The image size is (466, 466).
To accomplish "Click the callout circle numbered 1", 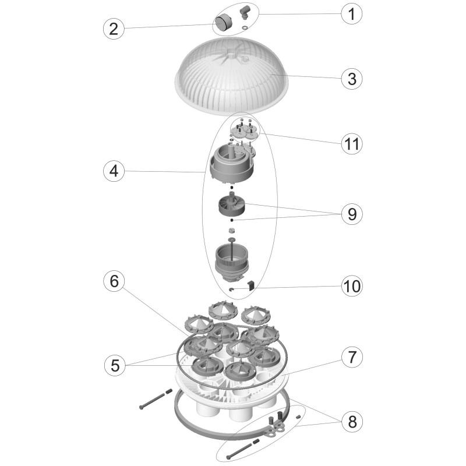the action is tap(352, 13).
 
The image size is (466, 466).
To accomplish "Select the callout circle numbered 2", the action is tap(114, 29).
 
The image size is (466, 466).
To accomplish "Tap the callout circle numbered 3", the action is tap(352, 79).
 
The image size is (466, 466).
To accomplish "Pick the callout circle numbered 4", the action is tap(114, 171).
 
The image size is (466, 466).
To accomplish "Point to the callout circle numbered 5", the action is tap(115, 365).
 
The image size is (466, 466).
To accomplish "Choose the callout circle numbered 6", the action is tap(114, 281).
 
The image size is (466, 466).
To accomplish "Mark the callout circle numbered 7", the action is tap(352, 356).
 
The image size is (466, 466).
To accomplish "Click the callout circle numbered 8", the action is tap(352, 421).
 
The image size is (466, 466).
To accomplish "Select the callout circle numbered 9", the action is tap(352, 214).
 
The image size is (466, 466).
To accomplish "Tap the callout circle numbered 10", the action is tap(352, 286).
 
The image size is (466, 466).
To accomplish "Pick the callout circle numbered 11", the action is tap(352, 143).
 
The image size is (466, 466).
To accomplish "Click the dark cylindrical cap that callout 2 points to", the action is tap(223, 23).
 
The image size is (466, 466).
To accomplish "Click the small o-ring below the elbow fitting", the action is tap(245, 27).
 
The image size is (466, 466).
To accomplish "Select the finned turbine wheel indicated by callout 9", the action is tap(231, 205).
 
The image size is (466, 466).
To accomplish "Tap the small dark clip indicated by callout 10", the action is tap(252, 285).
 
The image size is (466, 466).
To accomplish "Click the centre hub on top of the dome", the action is tap(231, 54).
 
